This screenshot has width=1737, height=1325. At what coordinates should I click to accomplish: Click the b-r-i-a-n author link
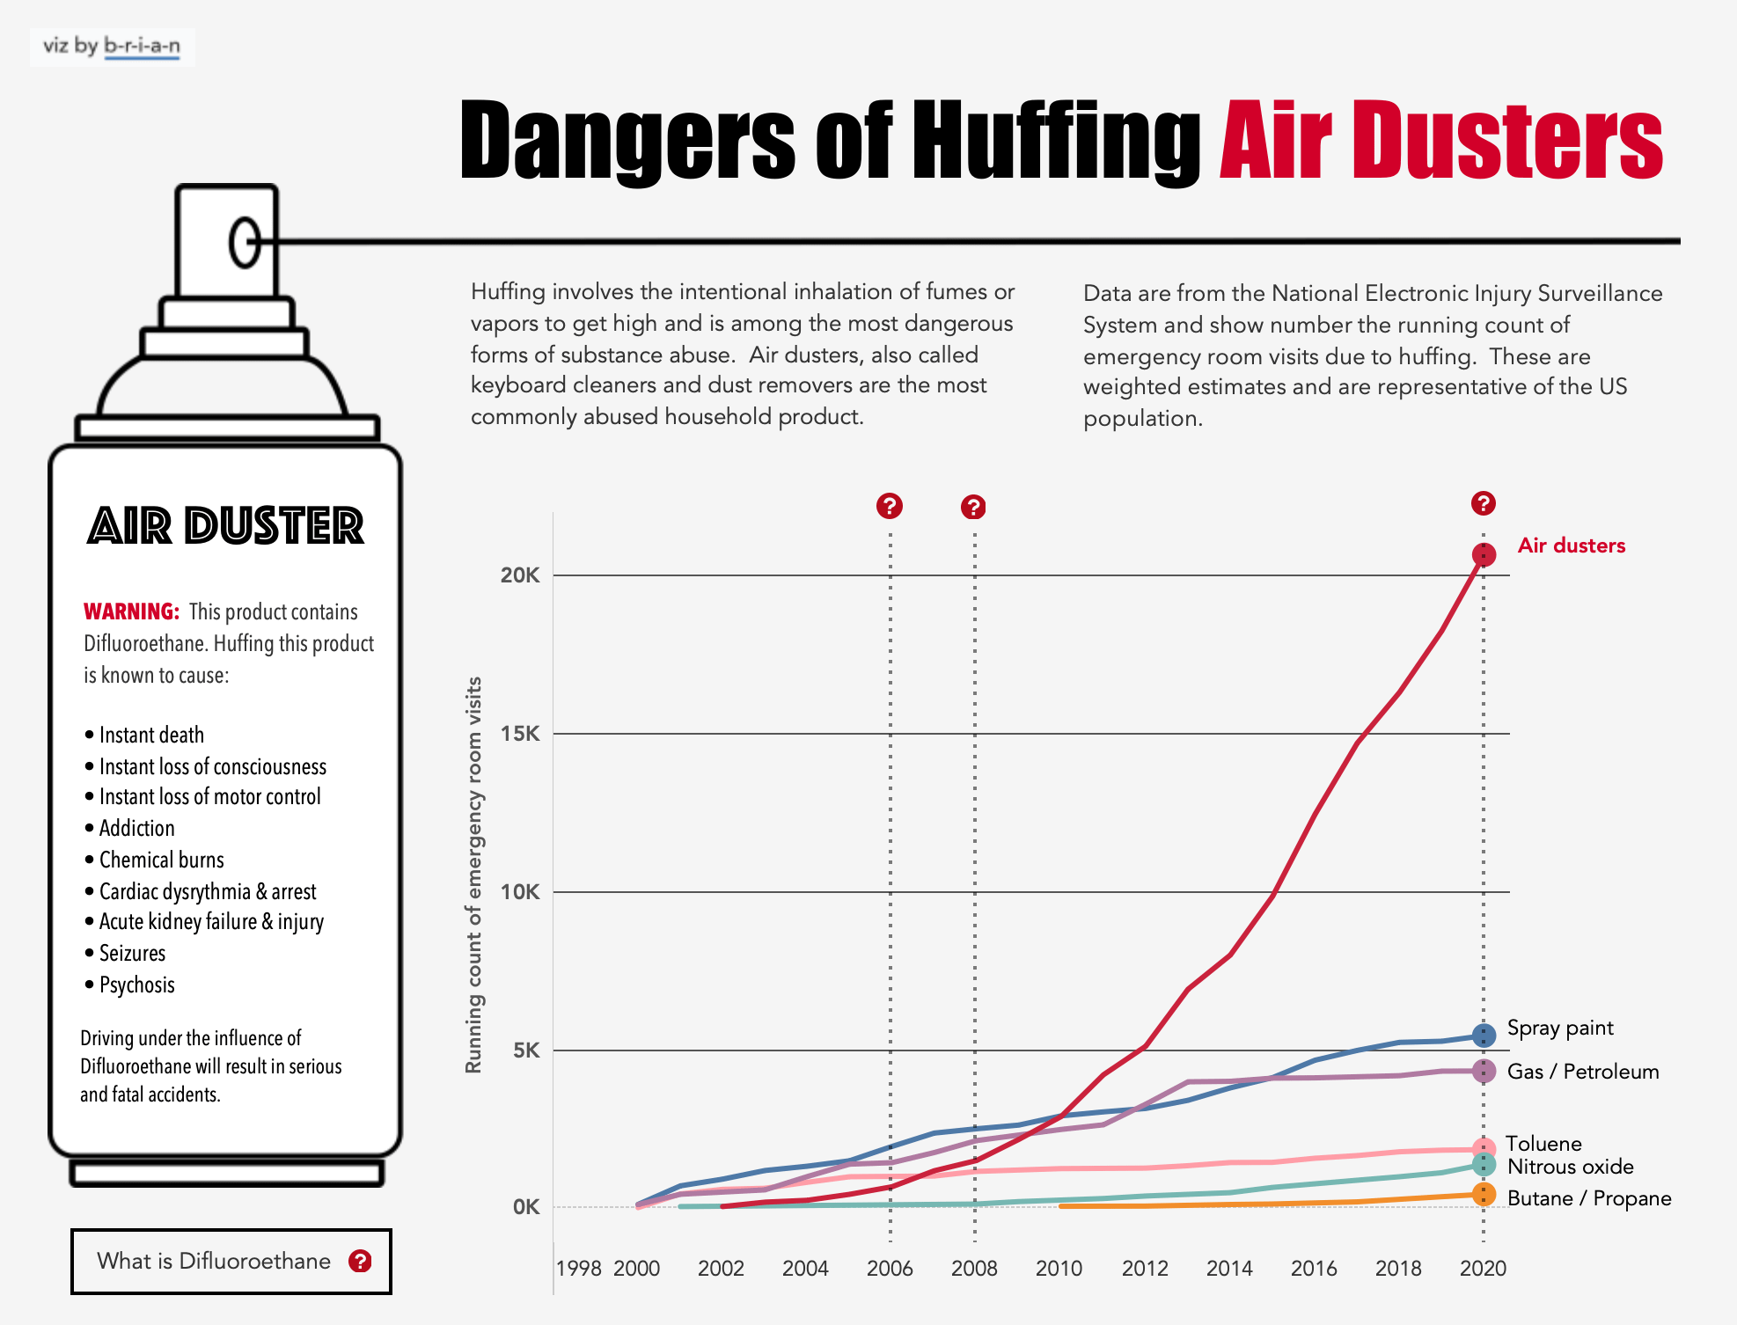pos(142,46)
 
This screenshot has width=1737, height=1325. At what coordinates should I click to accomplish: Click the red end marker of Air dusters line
pos(1484,555)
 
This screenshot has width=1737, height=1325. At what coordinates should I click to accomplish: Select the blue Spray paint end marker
pos(1484,1036)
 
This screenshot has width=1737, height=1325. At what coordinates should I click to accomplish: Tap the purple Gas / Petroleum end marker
pos(1484,1071)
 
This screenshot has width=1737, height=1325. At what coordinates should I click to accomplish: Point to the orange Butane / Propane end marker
pos(1484,1195)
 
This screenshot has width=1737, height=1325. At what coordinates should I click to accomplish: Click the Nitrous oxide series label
pos(1570,1167)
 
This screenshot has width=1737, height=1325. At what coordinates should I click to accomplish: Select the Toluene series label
pos(1543,1143)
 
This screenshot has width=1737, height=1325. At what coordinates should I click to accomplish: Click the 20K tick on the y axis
pos(519,575)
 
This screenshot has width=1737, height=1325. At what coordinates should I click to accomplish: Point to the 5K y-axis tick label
pos(526,1050)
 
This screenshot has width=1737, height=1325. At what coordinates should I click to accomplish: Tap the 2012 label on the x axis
pos(1144,1268)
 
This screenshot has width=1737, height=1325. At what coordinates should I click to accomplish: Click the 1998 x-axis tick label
pos(578,1268)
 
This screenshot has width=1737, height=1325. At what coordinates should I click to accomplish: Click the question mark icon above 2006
pos(890,506)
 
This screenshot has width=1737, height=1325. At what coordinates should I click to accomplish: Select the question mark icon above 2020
pos(1484,503)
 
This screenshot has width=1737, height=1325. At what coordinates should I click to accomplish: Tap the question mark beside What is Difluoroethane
pos(360,1261)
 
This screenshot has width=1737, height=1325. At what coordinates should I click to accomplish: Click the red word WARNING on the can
pos(131,611)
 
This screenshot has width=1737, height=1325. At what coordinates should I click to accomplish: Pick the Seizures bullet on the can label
pos(132,953)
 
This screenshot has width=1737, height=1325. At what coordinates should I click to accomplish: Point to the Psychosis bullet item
pos(136,985)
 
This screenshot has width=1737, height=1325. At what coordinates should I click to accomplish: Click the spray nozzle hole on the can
pos(245,241)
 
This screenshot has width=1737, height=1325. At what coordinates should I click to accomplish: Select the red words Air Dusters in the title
pos(1440,141)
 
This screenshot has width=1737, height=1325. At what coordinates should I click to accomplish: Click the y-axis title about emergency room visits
pos(473,875)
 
